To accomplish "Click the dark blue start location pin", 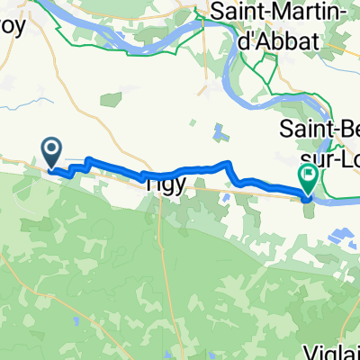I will pos(52,150).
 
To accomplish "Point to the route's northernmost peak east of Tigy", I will pos(228,164).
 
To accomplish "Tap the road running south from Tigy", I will pos(160,234).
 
